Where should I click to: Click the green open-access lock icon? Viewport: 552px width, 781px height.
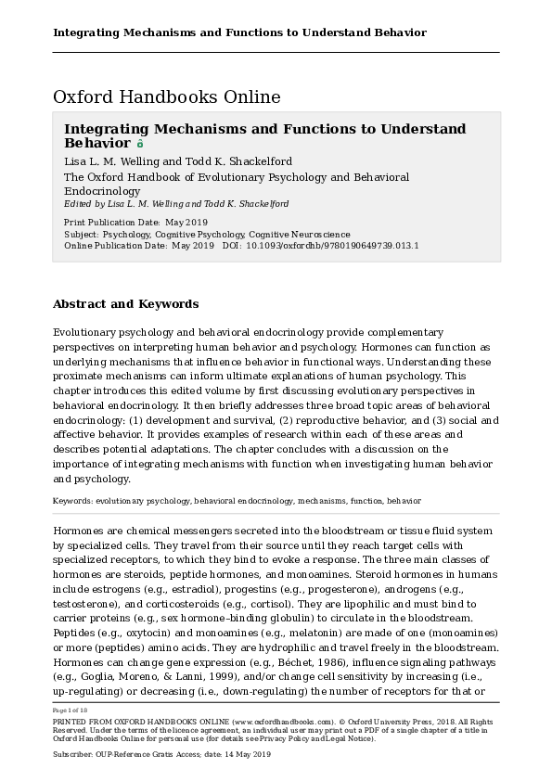point(140,144)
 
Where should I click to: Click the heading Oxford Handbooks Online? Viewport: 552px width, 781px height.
point(167,96)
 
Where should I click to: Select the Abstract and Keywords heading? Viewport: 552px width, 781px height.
point(125,303)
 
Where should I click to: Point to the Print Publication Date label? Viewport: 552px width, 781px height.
point(112,223)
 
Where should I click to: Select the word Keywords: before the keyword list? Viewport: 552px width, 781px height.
point(73,501)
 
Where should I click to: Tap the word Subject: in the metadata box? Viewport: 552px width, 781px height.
point(81,235)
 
